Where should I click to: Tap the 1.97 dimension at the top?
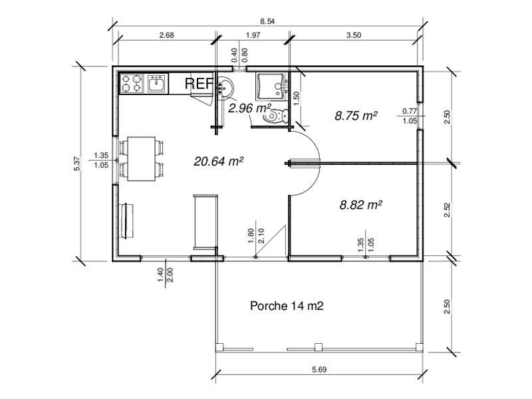252,36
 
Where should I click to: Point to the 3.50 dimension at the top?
353,36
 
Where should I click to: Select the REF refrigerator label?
198,84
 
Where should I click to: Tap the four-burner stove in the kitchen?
132,84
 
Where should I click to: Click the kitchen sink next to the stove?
157,84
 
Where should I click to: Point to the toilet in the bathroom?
276,117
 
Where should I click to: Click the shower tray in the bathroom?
270,86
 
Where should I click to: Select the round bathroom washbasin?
226,86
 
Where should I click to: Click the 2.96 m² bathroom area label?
249,107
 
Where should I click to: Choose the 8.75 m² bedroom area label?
356,115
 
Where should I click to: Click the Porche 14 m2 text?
287,306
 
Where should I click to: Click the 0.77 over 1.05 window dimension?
410,116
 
